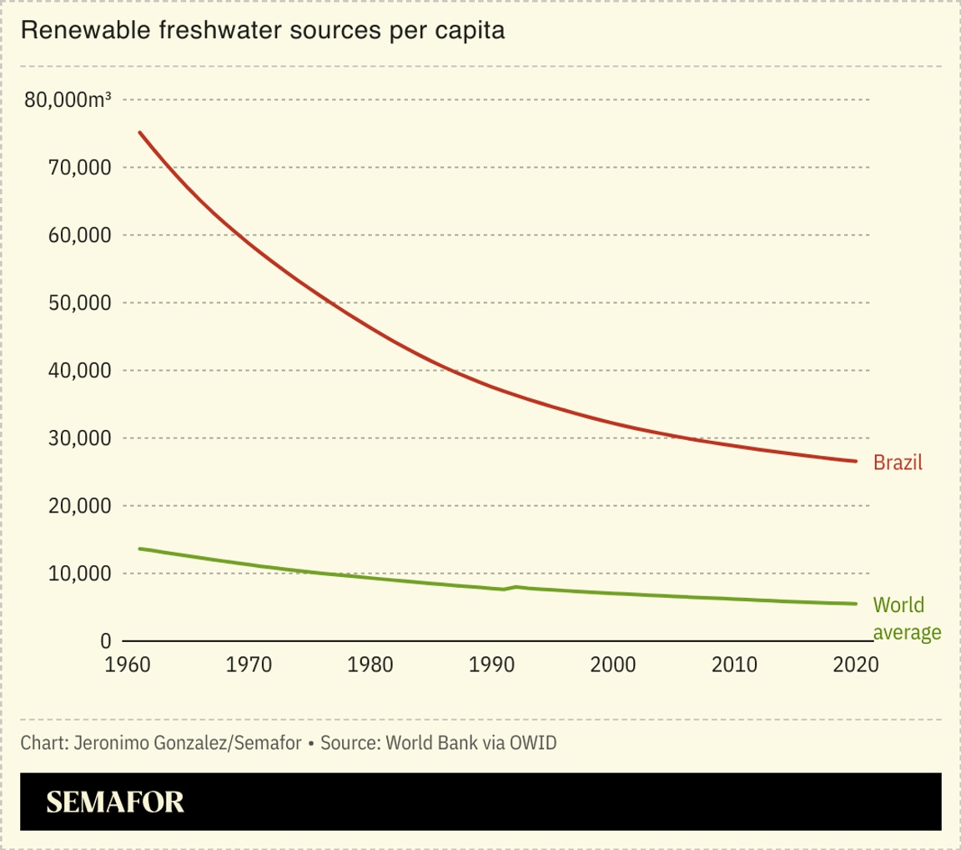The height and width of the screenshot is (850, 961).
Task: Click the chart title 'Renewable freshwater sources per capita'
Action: (263, 31)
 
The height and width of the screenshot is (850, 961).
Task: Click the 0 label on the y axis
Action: (105, 641)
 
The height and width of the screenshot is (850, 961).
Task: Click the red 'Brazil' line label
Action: (898, 462)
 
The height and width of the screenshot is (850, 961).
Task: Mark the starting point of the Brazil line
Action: (139, 132)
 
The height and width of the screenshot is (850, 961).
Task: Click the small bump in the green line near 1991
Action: (516, 587)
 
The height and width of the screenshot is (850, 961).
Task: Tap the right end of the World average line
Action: (856, 604)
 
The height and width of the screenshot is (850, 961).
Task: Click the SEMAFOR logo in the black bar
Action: (115, 802)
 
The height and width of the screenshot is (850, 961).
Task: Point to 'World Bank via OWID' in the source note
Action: (471, 742)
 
